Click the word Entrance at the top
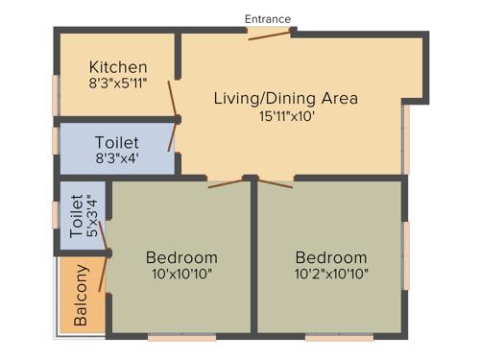[x=268, y=18]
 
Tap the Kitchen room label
[x=118, y=67]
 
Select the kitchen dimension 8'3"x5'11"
[x=118, y=84]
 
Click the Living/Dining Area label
[x=286, y=98]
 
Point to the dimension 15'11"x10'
[x=286, y=116]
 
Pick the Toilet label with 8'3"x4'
[x=117, y=143]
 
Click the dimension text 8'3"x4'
[x=117, y=158]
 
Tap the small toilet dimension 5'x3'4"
[x=92, y=218]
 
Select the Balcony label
[x=82, y=295]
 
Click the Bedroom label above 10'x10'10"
[x=181, y=257]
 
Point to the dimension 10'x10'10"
[x=181, y=274]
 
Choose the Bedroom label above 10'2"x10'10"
[x=331, y=257]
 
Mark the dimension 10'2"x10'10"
[x=331, y=274]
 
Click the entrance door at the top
[x=269, y=35]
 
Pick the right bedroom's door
[x=273, y=182]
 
